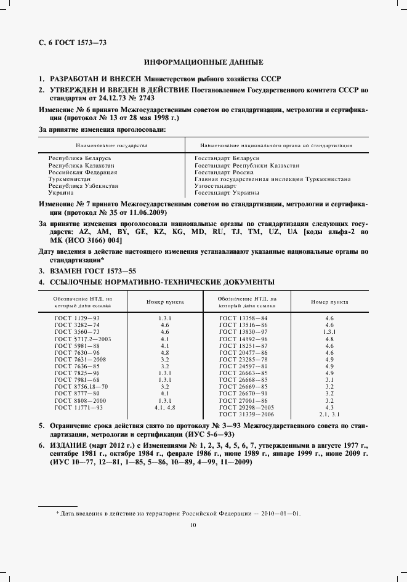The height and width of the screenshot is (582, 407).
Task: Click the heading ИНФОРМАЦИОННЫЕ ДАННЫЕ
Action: click(x=203, y=62)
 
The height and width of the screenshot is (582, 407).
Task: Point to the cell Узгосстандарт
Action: click(x=215, y=185)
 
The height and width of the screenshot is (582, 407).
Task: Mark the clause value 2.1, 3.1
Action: click(x=329, y=431)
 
